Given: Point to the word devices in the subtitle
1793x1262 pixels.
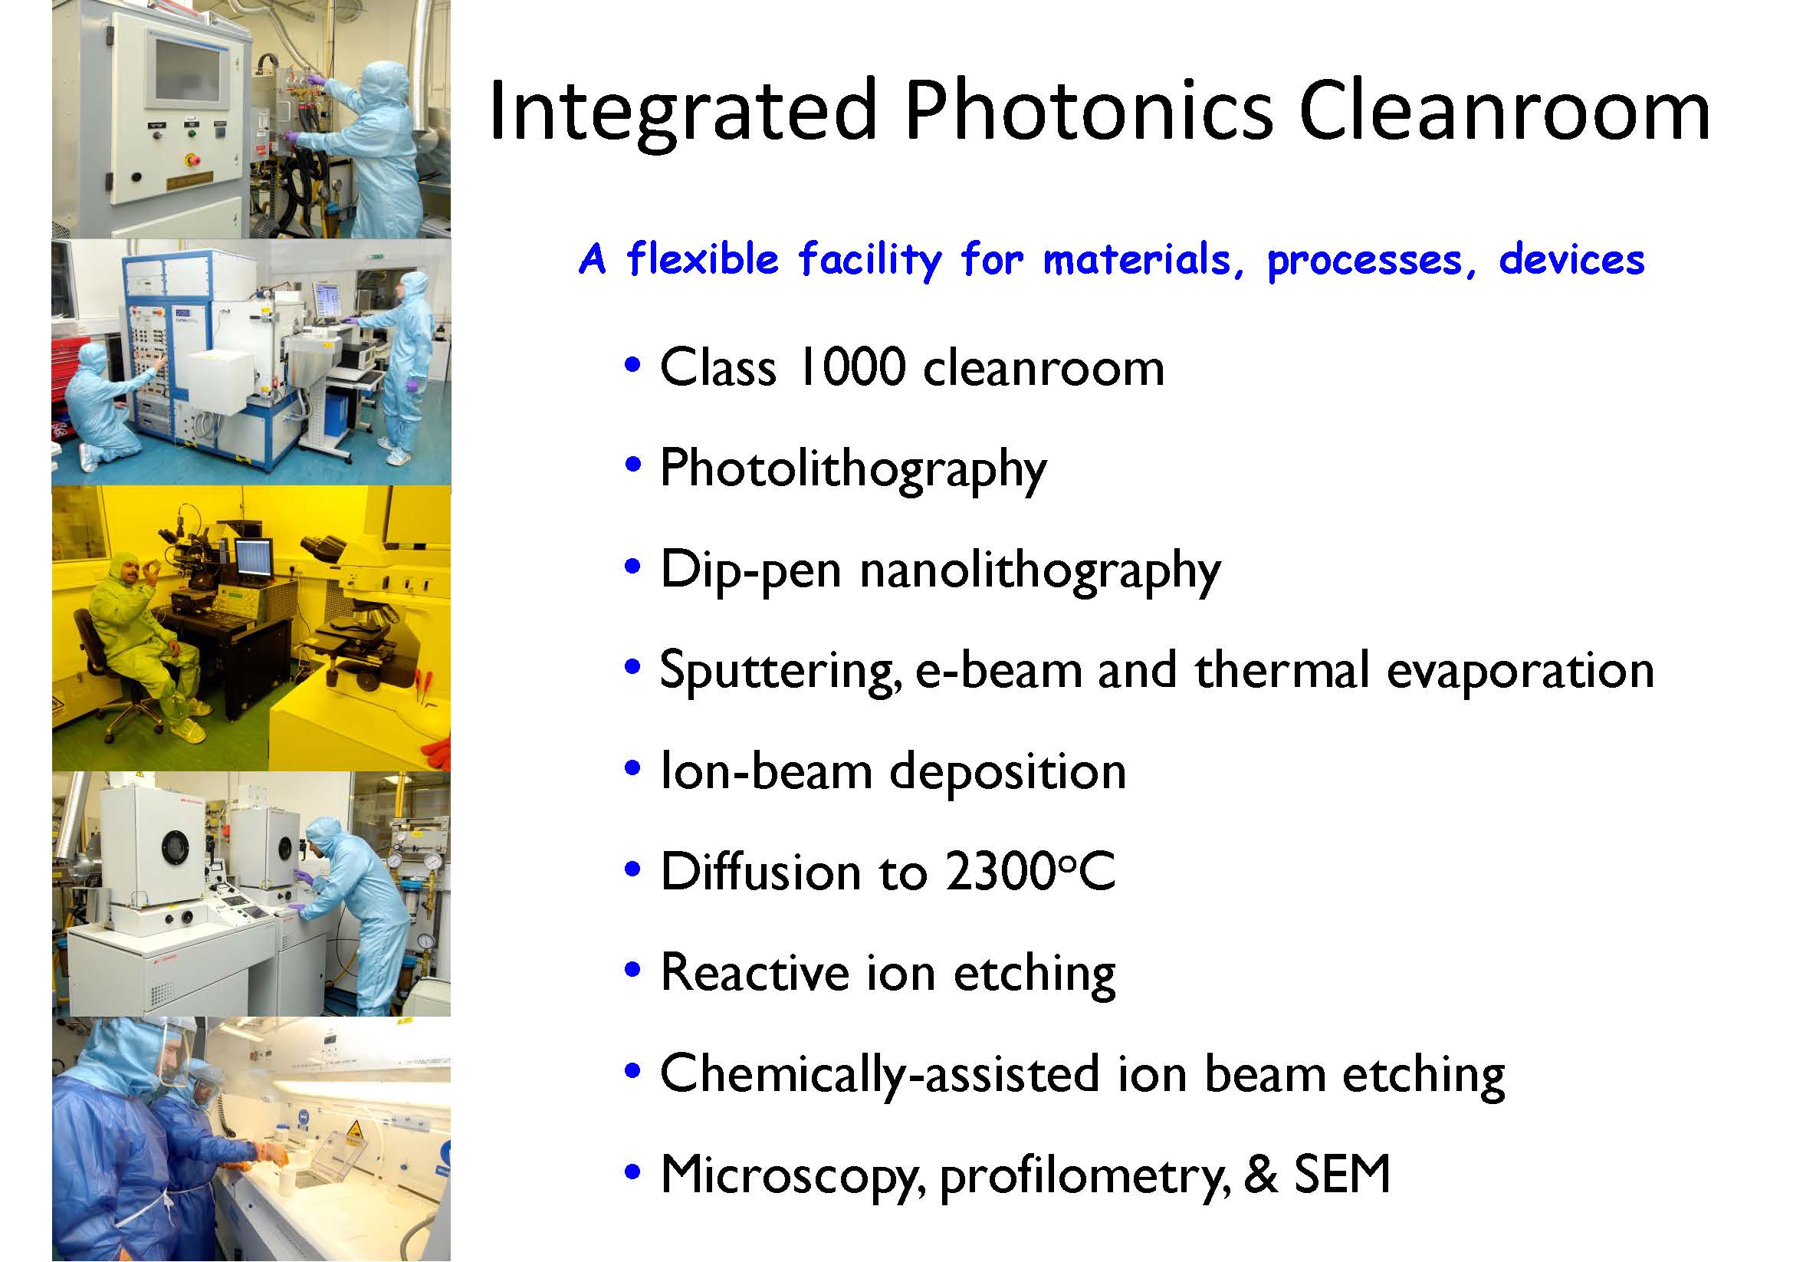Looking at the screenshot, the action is [1571, 260].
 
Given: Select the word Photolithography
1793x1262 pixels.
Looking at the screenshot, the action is [852, 470].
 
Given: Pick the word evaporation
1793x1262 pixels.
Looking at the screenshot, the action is [1520, 672].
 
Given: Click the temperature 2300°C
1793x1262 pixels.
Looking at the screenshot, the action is [1030, 871].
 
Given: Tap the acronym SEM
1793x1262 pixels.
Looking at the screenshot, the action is [1341, 1174].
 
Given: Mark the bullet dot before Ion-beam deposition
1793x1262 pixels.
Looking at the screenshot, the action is [633, 768].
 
